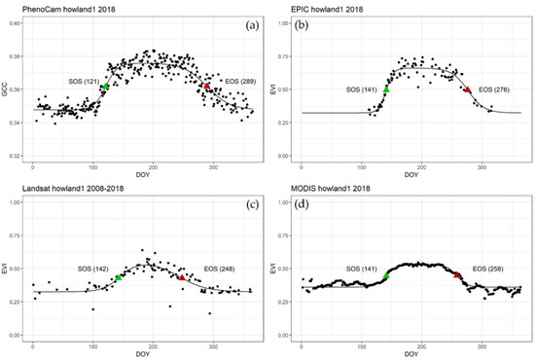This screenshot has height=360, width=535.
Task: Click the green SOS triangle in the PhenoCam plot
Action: click(105, 87)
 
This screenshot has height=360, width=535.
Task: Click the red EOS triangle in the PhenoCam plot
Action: click(206, 87)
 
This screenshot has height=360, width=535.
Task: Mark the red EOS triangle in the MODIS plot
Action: click(457, 275)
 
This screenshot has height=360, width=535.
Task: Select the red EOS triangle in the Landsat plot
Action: click(182, 277)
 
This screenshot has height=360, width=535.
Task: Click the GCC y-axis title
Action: click(7, 89)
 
